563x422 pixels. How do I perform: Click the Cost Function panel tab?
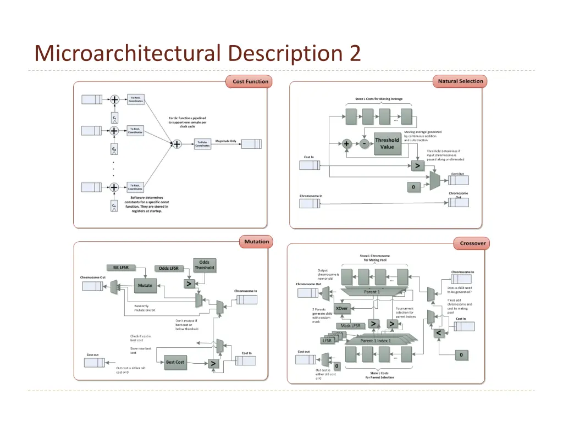[x=250, y=81]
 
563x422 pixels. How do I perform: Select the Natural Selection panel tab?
[x=460, y=81]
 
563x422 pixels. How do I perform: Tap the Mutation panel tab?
[x=256, y=242]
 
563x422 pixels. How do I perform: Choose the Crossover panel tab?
[x=473, y=243]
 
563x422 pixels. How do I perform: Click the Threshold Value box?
[x=387, y=143]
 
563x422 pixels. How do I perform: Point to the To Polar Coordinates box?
[x=203, y=144]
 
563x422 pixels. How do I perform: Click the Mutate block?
[x=145, y=285]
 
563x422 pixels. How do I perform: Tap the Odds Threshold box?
[x=204, y=265]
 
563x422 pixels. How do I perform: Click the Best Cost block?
[x=175, y=362]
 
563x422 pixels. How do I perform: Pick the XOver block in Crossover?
[x=341, y=308]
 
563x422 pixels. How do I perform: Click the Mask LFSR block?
[x=350, y=326]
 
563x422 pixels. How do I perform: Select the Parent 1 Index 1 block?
[x=376, y=341]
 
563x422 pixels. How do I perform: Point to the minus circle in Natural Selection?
[x=364, y=144]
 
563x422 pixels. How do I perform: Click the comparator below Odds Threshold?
[x=189, y=284]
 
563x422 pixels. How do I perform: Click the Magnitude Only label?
[x=225, y=141]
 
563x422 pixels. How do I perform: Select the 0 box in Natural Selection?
[x=413, y=187]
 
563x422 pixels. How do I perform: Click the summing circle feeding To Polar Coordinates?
[x=176, y=144]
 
